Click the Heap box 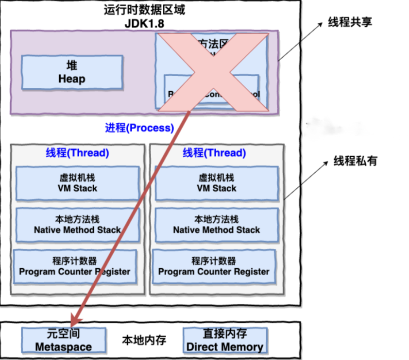coord(72,72)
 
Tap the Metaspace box coord(64,340)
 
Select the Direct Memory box coord(225,340)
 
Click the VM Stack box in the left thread coord(78,183)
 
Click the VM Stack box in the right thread coord(217,183)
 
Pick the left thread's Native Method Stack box coord(78,224)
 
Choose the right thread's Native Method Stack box coord(217,224)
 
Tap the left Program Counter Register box coord(75,266)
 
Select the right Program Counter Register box coord(214,266)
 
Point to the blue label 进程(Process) coord(139,128)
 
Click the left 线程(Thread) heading coord(77,153)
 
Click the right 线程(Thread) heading coord(214,153)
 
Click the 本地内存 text coord(144,340)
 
